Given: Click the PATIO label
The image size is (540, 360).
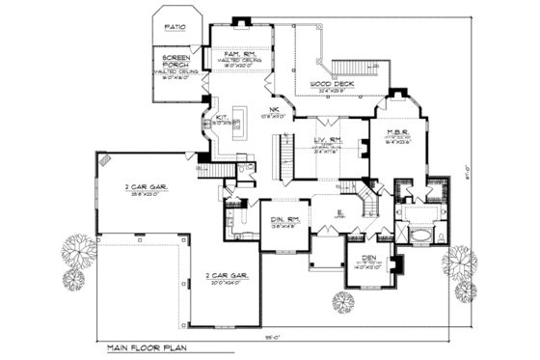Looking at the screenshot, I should (175, 28).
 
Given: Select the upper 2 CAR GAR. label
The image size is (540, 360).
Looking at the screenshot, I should (147, 188).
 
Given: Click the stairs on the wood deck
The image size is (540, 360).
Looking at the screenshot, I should (351, 69).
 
